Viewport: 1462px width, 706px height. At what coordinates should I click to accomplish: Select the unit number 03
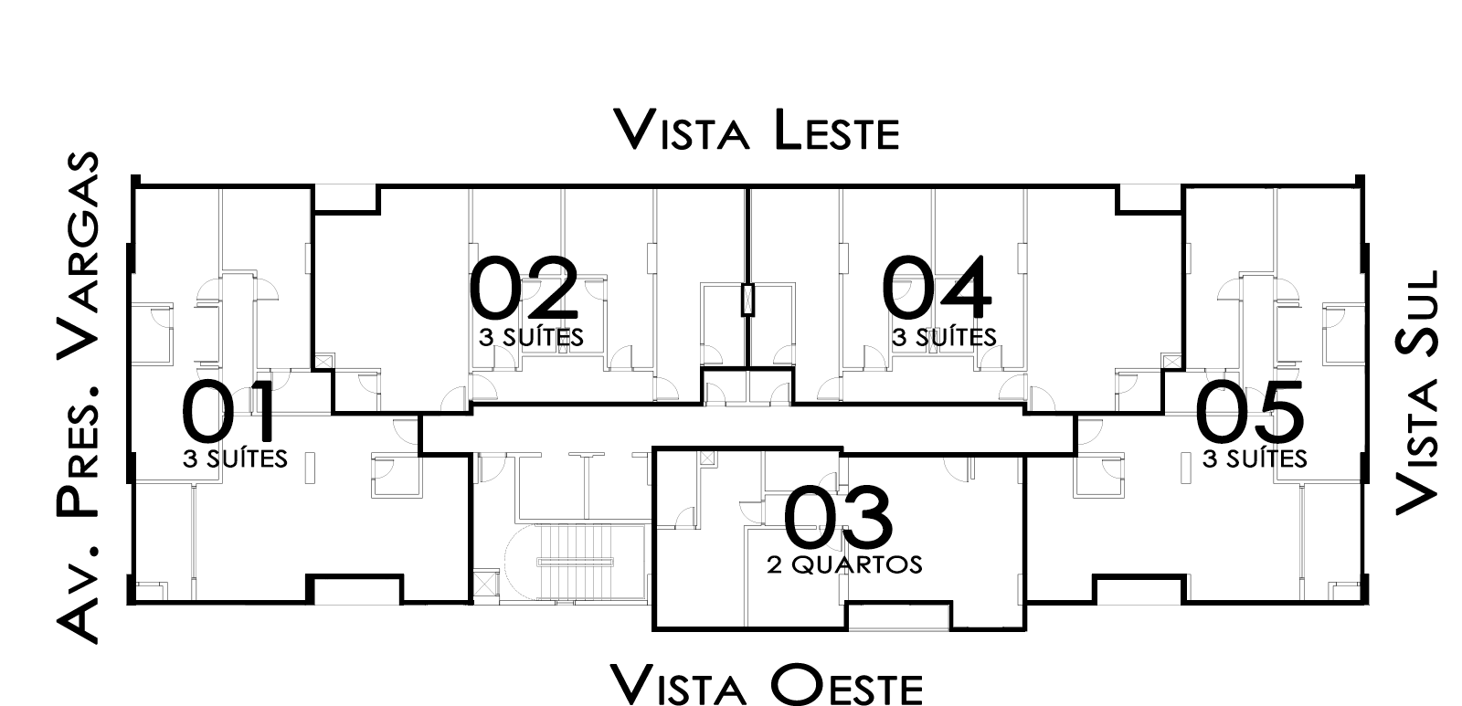coord(837,517)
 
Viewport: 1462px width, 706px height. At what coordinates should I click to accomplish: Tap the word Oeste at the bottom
coord(846,685)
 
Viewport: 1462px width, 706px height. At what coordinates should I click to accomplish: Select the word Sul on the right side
coord(1417,313)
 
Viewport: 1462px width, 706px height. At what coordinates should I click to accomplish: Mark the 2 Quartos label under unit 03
coord(844,564)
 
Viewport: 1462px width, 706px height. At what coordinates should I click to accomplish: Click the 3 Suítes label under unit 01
coord(235,459)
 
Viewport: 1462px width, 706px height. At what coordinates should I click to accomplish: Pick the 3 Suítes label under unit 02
coord(531,337)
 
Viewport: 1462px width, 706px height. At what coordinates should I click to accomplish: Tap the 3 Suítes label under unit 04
coord(945,337)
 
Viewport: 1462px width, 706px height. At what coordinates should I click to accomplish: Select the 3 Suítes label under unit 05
coord(1255,459)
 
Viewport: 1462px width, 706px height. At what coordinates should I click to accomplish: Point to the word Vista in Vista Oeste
coord(679,685)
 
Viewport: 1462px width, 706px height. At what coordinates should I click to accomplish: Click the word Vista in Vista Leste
coord(682,131)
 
